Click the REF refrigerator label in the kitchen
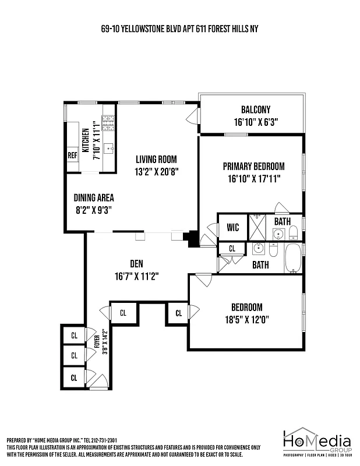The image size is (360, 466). point(72,156)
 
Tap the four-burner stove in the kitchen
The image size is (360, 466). point(108,122)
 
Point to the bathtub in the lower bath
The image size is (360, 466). point(292,257)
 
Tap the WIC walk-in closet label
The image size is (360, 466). point(232,228)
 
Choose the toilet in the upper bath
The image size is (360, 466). point(294,234)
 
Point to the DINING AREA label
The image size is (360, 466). point(93,197)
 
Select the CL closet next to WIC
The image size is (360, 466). point(232,249)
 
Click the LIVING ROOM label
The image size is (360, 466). point(156,159)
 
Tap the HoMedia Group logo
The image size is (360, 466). point(317,444)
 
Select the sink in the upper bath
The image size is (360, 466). point(278,234)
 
